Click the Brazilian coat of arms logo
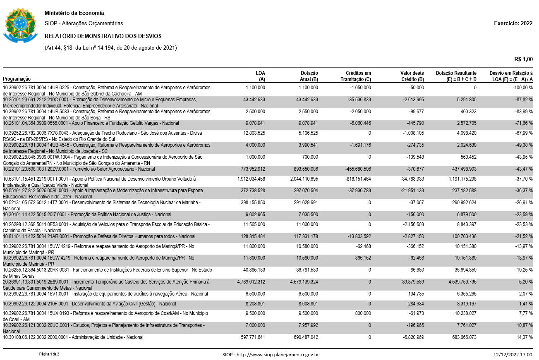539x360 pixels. pos(20,25)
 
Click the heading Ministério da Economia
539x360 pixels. pos(74,13)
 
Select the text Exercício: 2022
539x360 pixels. pos(513,24)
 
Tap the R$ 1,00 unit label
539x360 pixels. pos(523,60)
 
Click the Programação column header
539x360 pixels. pos(17,79)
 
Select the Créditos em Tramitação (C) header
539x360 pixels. pos(356,76)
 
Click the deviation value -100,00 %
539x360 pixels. pos(521,88)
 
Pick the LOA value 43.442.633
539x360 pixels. pos(254,100)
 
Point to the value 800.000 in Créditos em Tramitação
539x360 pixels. pos(362,313)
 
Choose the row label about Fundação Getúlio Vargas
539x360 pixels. pos(91,124)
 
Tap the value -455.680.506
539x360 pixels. pos(356,169)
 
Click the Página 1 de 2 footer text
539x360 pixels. pos(49,354)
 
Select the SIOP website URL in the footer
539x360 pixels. pos(271,355)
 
